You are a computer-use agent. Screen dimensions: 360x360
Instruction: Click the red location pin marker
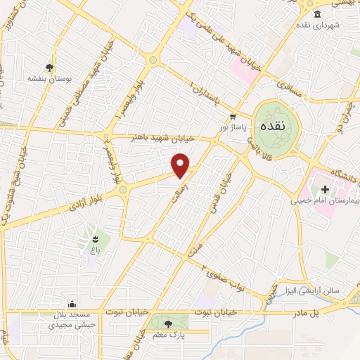point(181,165)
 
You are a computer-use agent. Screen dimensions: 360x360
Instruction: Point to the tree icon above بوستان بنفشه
point(49,68)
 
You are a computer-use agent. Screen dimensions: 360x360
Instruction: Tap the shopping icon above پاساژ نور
point(232,117)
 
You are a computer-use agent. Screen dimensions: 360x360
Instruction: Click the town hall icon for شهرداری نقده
point(318,15)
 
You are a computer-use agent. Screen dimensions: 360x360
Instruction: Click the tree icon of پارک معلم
point(168,323)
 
